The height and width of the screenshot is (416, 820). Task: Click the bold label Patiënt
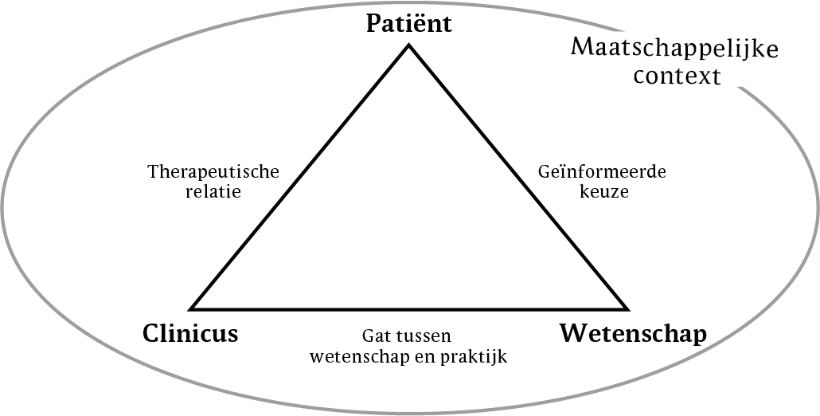(408, 24)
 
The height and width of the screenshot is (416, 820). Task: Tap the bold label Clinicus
(190, 333)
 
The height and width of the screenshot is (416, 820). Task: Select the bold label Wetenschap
(633, 333)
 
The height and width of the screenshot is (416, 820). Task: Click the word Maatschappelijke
(674, 51)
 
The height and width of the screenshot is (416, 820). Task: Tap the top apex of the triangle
(409, 45)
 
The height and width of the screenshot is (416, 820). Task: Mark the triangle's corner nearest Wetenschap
(627, 308)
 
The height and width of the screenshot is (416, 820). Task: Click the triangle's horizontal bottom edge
(409, 308)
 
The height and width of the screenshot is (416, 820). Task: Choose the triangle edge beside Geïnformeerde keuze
(517, 177)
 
